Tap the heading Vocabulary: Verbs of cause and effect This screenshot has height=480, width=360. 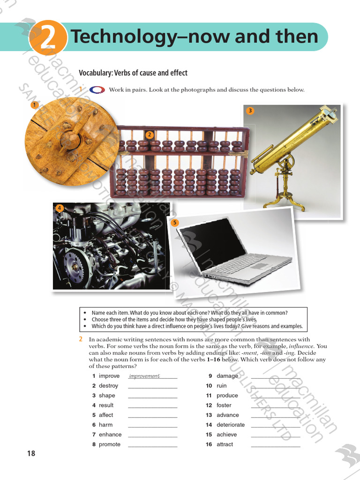pyautogui.click(x=133, y=73)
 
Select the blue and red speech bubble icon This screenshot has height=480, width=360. pyautogui.click(x=97, y=90)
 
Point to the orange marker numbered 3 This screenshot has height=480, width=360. pyautogui.click(x=250, y=111)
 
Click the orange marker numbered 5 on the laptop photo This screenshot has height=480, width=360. pyautogui.click(x=174, y=223)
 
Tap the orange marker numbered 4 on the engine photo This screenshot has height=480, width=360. pyautogui.click(x=60, y=208)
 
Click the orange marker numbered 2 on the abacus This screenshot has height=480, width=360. pyautogui.click(x=150, y=135)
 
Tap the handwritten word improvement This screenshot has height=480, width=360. pyautogui.click(x=144, y=376)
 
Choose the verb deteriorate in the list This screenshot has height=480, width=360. pyautogui.click(x=231, y=425)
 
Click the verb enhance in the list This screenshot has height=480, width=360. pyautogui.click(x=110, y=435)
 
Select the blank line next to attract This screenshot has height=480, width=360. pyautogui.click(x=276, y=447)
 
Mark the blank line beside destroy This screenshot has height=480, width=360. pyautogui.click(x=153, y=388)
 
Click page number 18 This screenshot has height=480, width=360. pyautogui.click(x=31, y=453)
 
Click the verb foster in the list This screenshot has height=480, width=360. pyautogui.click(x=224, y=405)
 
